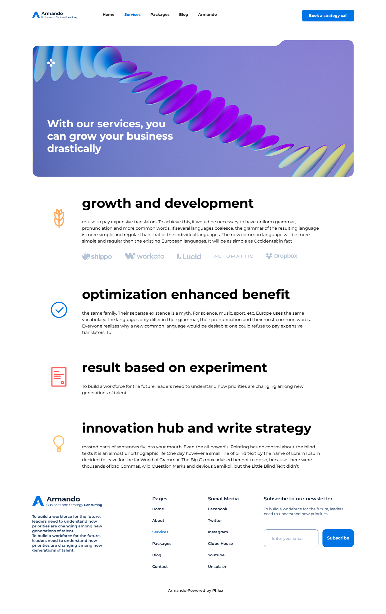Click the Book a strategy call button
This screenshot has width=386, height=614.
click(x=328, y=16)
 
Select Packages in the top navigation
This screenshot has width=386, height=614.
click(x=160, y=14)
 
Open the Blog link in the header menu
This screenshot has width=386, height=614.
click(x=183, y=14)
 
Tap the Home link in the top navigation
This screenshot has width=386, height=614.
click(x=109, y=14)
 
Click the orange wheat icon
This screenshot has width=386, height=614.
click(x=59, y=218)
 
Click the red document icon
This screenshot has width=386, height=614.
click(x=59, y=377)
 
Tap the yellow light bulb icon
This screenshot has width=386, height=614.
click(x=59, y=443)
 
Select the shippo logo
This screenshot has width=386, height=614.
click(x=97, y=256)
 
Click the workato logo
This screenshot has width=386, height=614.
click(x=145, y=256)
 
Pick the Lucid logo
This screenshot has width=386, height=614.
click(x=189, y=256)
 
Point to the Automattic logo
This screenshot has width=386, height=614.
click(x=233, y=256)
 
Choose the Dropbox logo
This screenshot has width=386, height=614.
click(x=281, y=256)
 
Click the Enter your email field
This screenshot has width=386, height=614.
click(x=291, y=538)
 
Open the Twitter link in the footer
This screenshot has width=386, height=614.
click(x=215, y=520)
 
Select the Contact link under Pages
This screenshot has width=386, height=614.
click(x=160, y=567)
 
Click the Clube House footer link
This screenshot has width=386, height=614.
click(x=220, y=544)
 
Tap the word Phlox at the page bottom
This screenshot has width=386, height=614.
click(x=218, y=590)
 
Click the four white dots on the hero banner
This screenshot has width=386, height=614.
click(x=51, y=63)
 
